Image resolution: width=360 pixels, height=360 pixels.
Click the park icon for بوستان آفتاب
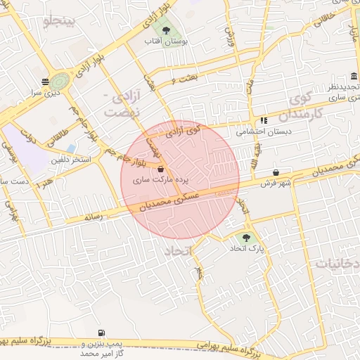166,30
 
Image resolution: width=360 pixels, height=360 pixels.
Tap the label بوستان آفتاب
166,42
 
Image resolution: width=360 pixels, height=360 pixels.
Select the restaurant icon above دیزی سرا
45,81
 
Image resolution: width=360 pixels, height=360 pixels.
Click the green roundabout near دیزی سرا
59,81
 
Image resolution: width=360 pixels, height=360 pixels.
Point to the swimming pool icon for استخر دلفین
71,148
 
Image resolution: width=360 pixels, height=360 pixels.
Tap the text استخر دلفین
71,160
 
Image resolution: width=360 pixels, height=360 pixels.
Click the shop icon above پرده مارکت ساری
161,169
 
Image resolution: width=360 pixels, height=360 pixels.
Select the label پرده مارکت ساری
161,180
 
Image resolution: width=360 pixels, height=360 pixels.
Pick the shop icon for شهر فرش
275,172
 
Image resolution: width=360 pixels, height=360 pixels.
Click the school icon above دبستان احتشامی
264,120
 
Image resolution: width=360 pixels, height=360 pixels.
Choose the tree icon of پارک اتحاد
246,237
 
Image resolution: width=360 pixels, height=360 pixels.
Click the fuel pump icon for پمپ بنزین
103,333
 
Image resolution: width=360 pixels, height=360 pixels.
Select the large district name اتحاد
182,251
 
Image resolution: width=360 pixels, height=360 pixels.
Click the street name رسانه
94,217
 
